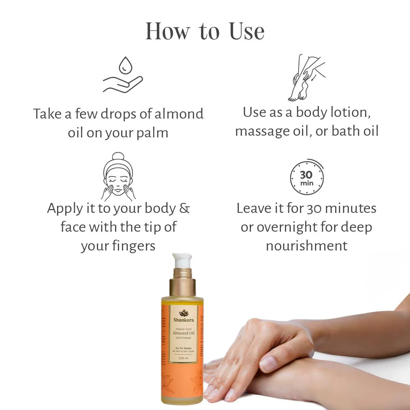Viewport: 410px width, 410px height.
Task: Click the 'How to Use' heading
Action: [205, 31]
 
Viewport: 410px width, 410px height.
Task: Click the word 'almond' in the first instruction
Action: [179, 114]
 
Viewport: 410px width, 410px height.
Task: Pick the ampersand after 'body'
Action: [184, 208]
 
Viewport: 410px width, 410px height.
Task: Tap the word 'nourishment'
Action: [306, 246]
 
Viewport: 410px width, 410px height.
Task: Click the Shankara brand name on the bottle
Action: [183, 320]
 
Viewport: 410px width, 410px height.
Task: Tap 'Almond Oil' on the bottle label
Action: [183, 333]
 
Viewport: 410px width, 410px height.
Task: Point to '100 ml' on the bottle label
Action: [183, 358]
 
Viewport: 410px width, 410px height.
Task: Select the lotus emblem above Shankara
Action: [183, 313]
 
